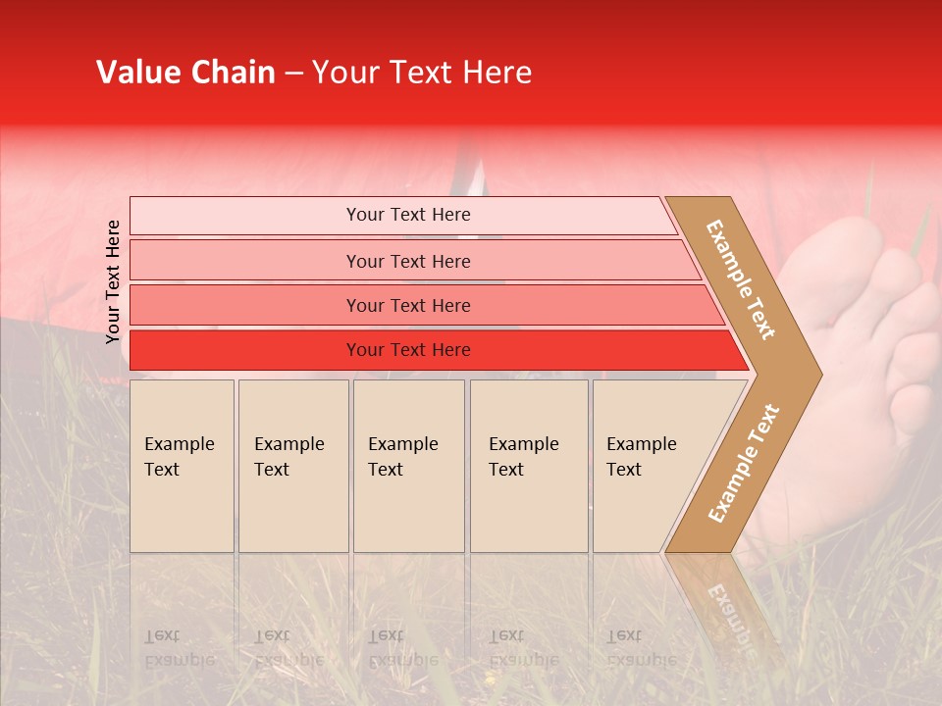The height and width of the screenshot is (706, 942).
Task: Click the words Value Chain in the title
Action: pos(185,73)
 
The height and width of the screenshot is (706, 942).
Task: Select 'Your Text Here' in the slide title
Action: pos(422,73)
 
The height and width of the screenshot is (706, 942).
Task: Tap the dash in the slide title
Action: pos(293,74)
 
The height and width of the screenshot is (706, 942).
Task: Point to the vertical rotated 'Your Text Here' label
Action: pos(113,281)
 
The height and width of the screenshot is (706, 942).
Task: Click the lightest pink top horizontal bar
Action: pos(407,215)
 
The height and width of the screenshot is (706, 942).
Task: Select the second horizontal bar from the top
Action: pos(407,261)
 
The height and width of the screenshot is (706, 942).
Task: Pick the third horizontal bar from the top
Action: pos(407,305)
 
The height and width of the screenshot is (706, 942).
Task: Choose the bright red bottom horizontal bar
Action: pos(407,350)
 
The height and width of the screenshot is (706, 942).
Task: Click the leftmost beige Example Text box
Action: pos(182,466)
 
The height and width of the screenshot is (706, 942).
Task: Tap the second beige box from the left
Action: pos(292,466)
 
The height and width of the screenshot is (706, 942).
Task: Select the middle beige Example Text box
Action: pos(408,466)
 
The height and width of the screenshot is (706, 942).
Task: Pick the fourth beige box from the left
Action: pos(528,466)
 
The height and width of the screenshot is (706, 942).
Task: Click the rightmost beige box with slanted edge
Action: pos(648,466)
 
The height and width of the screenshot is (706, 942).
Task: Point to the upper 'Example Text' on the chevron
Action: pos(742,278)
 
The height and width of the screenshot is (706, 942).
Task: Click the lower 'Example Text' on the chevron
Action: pos(744,463)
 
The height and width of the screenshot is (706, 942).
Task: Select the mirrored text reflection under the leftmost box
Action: pos(179,648)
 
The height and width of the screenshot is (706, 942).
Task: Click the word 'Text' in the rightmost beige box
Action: pos(624,470)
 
